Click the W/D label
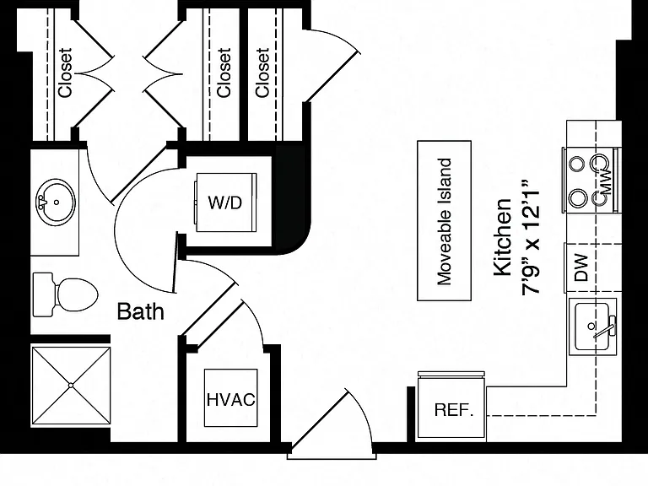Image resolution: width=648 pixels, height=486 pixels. coord(224,202)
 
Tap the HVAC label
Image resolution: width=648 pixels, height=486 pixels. coord(231,400)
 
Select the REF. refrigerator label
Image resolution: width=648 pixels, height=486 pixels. coord(453,409)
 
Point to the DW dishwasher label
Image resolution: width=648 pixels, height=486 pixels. coord(580,267)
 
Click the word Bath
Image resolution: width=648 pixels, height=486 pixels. coord(141,311)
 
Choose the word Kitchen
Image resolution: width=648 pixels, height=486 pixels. coord(503,237)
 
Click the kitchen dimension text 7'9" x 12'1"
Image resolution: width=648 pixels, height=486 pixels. coord(531,237)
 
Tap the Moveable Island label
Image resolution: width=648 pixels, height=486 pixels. coord(445,221)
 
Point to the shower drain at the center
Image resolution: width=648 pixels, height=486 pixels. coord(71,385)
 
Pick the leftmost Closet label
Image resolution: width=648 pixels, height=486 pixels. coord(65,73)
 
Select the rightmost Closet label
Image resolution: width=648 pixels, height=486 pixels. coord(262,73)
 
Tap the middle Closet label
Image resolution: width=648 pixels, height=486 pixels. coord(224,73)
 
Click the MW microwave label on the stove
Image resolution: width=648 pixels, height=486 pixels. coord(605,181)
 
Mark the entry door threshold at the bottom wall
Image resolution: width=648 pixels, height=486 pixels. coord(332,456)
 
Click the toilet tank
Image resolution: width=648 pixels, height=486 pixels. coord(43,294)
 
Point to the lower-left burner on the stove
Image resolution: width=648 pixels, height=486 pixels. coord(577,197)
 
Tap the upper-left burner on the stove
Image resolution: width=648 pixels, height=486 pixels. coord(577,164)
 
